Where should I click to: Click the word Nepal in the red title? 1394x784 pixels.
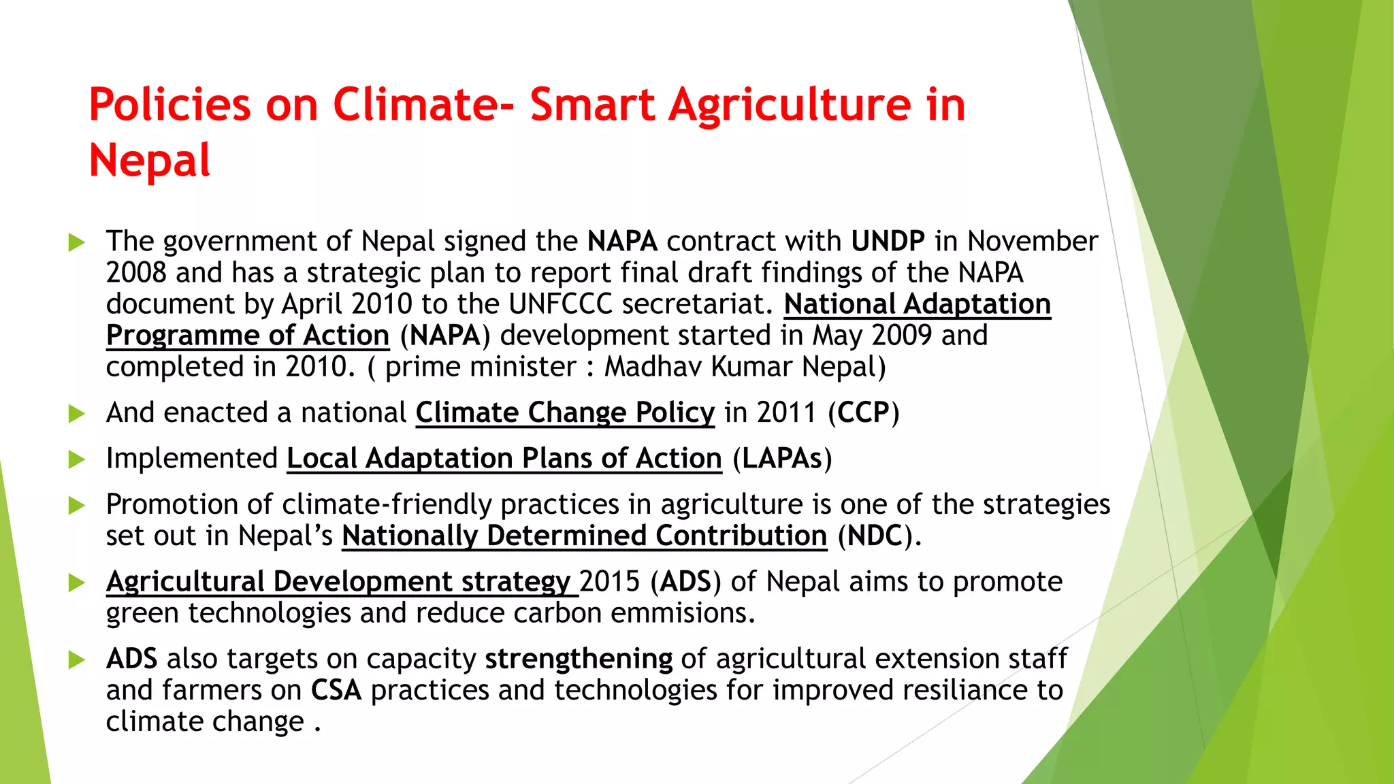pos(149,161)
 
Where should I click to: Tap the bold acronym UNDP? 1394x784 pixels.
pos(888,242)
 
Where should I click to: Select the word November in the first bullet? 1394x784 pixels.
pos(1033,242)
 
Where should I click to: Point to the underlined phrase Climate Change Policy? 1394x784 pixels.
pos(565,412)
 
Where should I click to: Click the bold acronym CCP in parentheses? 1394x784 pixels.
pos(864,412)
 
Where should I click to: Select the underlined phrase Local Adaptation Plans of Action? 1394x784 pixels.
pos(504,459)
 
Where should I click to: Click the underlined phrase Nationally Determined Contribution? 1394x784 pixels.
pos(584,536)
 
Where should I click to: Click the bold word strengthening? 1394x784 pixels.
pos(578,659)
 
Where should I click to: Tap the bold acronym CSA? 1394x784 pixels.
pos(336,690)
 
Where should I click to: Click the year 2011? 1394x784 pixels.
pos(786,412)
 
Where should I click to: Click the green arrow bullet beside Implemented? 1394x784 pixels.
pos(77,459)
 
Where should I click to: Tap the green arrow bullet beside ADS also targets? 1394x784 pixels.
pos(77,659)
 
